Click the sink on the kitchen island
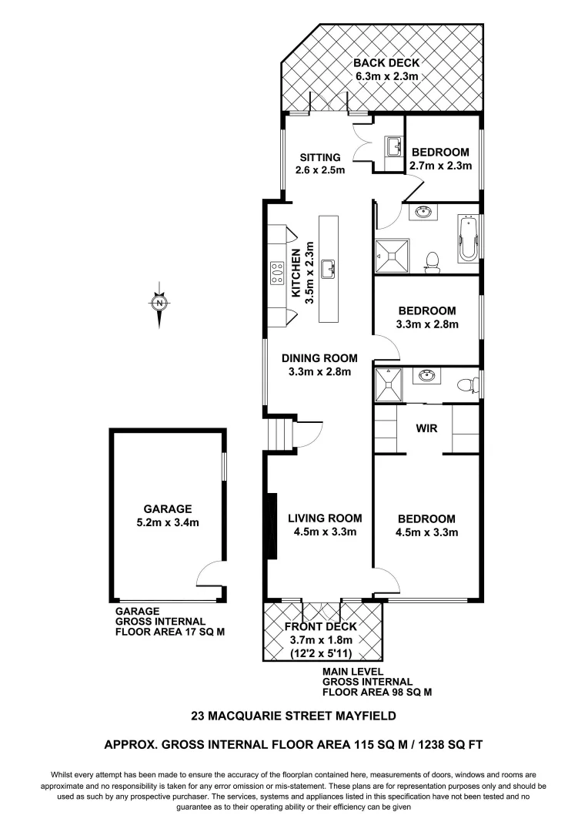click(329, 270)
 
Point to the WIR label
click(426, 428)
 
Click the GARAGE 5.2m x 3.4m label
click(167, 515)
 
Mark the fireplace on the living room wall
click(270, 526)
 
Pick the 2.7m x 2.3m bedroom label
click(440, 159)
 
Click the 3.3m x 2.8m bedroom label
click(426, 317)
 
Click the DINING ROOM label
click(319, 364)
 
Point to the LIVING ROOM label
click(324, 525)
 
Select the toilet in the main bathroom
click(433, 263)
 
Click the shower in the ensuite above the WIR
click(389, 384)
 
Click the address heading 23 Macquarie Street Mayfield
click(293, 716)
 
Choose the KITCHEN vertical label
click(302, 274)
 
